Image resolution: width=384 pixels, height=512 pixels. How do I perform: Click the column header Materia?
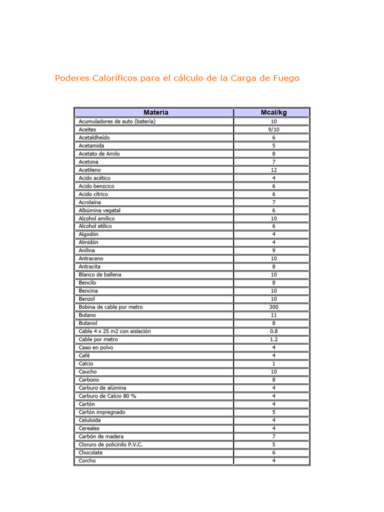155,112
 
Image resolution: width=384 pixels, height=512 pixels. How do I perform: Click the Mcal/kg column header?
273,112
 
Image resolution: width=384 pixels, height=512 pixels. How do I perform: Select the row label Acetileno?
89,170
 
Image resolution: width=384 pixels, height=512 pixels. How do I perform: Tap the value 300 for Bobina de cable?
273,307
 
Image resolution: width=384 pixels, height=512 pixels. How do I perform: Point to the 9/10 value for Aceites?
273,129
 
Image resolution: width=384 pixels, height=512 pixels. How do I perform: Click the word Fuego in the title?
286,78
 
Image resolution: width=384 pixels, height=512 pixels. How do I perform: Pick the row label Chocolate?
90,452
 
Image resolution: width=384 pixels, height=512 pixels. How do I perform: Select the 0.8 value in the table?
273,331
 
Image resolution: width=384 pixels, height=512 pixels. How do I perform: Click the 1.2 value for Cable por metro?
273,339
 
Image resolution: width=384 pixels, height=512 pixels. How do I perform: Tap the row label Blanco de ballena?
100,274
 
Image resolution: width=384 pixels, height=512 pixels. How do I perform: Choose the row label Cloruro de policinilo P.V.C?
110,444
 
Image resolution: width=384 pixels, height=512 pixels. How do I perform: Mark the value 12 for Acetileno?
273,170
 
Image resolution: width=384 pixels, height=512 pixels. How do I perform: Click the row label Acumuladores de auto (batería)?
117,121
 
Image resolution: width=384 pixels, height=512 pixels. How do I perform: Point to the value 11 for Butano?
273,315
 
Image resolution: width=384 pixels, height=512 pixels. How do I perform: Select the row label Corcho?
87,460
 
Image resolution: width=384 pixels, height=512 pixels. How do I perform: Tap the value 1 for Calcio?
273,363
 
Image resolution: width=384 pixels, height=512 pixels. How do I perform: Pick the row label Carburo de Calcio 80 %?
107,396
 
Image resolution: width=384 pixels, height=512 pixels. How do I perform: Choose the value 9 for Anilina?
273,250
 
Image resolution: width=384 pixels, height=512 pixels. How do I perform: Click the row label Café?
84,355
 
